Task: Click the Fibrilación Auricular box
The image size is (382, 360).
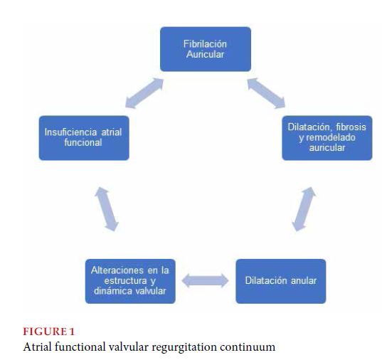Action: (x=206, y=49)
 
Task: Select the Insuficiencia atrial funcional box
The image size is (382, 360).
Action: (x=84, y=138)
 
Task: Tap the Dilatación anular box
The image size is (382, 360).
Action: (x=281, y=281)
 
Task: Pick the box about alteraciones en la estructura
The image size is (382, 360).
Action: (x=130, y=281)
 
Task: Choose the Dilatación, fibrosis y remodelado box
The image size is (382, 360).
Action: (x=327, y=138)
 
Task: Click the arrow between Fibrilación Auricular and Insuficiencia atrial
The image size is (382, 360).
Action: (x=144, y=93)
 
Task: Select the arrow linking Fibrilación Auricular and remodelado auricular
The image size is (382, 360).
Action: (x=266, y=93)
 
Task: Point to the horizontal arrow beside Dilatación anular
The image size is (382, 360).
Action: (x=206, y=281)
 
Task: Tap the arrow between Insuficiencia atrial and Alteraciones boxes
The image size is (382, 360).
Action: (x=107, y=209)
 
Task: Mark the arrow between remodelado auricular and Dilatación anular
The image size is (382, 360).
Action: (x=304, y=209)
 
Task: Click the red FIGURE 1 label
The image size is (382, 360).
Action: (x=48, y=332)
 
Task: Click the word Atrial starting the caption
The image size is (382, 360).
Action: (x=38, y=346)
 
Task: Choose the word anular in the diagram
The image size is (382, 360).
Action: (x=304, y=281)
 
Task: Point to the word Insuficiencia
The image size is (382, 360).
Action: (x=71, y=132)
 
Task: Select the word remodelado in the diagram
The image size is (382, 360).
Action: (x=331, y=138)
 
